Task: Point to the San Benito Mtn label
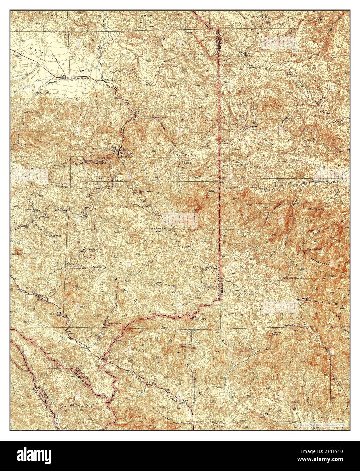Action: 163,229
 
